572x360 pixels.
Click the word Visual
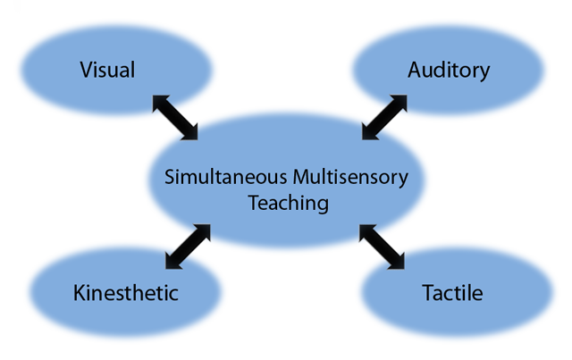(x=107, y=70)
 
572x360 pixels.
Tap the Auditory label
(x=449, y=71)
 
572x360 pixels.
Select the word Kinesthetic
(x=126, y=293)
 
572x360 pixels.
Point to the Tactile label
(x=451, y=293)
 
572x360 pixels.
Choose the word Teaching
(x=288, y=203)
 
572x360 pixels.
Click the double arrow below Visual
(x=175, y=117)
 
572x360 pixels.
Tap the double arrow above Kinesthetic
(x=188, y=247)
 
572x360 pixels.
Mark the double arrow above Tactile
(x=382, y=247)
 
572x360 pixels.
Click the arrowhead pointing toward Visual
(x=159, y=101)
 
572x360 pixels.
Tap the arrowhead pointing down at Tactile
(x=398, y=262)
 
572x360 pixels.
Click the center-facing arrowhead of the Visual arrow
(x=191, y=134)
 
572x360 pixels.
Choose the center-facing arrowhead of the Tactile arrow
(x=366, y=230)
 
